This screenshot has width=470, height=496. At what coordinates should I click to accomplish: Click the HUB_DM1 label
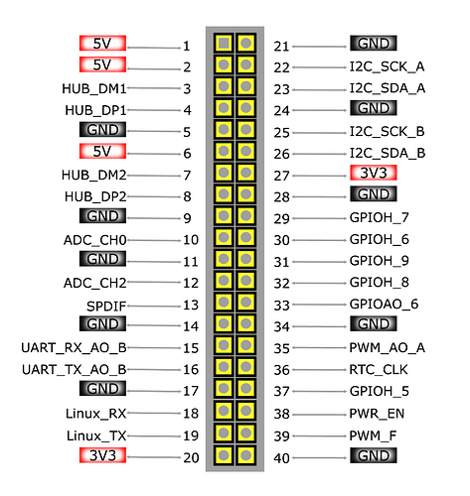pos(94,88)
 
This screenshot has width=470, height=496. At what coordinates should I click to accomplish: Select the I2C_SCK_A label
pos(388,66)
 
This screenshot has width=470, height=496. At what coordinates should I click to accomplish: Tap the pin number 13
pos(191,305)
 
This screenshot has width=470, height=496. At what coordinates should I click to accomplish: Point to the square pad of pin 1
pos(224,44)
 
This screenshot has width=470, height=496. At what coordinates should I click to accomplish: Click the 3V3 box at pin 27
pos(374,173)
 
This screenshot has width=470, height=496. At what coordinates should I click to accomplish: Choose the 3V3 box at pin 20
pos(102,455)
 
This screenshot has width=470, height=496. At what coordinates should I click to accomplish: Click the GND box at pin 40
pos(374,455)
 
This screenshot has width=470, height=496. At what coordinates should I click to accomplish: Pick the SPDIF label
pos(106,307)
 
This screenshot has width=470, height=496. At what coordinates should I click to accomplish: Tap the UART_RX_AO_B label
pos(74,348)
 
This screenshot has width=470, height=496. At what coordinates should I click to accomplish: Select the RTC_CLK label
pos(379,369)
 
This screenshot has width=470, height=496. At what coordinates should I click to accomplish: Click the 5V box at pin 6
pos(102,151)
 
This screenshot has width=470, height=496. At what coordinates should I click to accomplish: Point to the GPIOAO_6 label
pos(384,304)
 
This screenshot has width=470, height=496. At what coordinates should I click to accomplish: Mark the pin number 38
pos(281,414)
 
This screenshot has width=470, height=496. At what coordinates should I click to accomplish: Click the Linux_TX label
pos(96,435)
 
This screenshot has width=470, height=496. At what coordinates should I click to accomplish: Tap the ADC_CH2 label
pos(95,283)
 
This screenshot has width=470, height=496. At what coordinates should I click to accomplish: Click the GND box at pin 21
pos(374,44)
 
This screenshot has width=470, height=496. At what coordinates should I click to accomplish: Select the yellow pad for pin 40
pos(245,455)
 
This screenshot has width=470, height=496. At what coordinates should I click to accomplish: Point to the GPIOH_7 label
pos(380,217)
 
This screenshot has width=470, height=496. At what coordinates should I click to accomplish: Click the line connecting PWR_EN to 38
pos(320,414)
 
